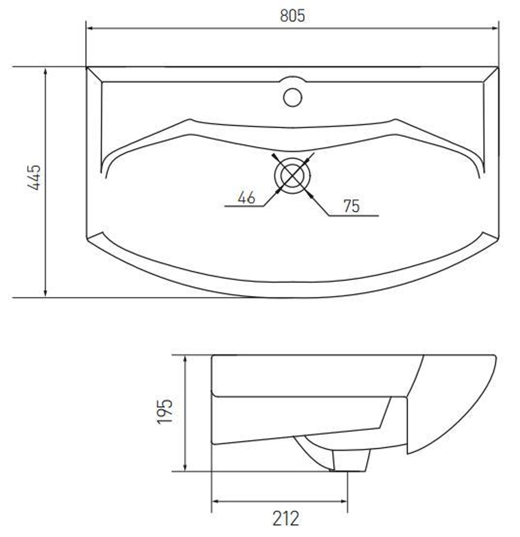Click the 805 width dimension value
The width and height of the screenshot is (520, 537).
(292, 16)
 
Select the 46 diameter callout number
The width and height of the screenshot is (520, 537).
(246, 197)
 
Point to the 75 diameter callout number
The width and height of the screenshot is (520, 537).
(352, 206)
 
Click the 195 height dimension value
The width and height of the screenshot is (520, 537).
(165, 411)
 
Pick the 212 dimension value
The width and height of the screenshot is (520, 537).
(285, 518)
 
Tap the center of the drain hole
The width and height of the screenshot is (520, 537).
(292, 176)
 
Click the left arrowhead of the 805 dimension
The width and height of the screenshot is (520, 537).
(90, 28)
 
